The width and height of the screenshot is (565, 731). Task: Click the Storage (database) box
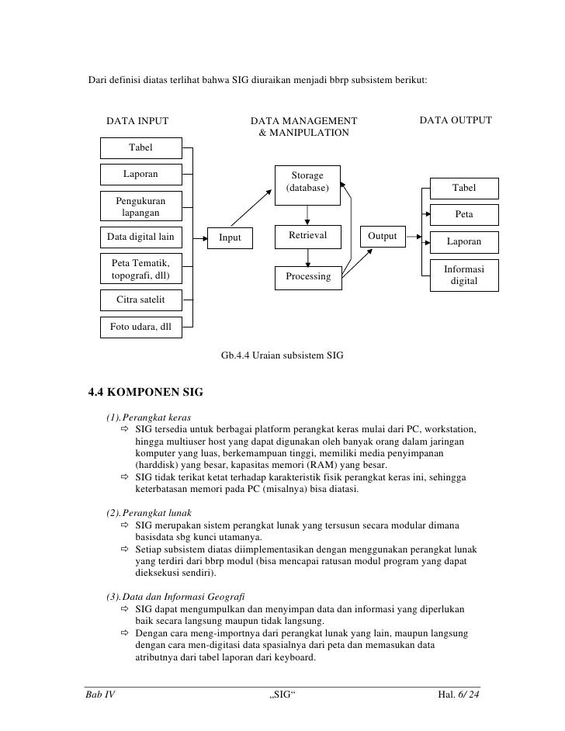click(x=307, y=183)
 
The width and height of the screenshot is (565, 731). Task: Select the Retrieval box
click(x=307, y=236)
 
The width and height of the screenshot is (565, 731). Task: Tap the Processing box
click(x=307, y=277)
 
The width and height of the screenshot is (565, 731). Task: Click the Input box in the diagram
click(x=230, y=238)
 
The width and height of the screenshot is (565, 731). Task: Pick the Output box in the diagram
click(x=382, y=237)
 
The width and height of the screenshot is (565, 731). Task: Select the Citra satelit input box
click(x=140, y=300)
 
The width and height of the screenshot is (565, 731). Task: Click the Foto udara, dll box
click(x=140, y=327)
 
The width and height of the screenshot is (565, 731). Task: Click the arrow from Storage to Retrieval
click(x=308, y=213)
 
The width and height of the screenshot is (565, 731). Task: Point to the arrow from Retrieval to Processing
click(x=308, y=257)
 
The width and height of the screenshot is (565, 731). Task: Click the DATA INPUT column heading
click(x=137, y=121)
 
